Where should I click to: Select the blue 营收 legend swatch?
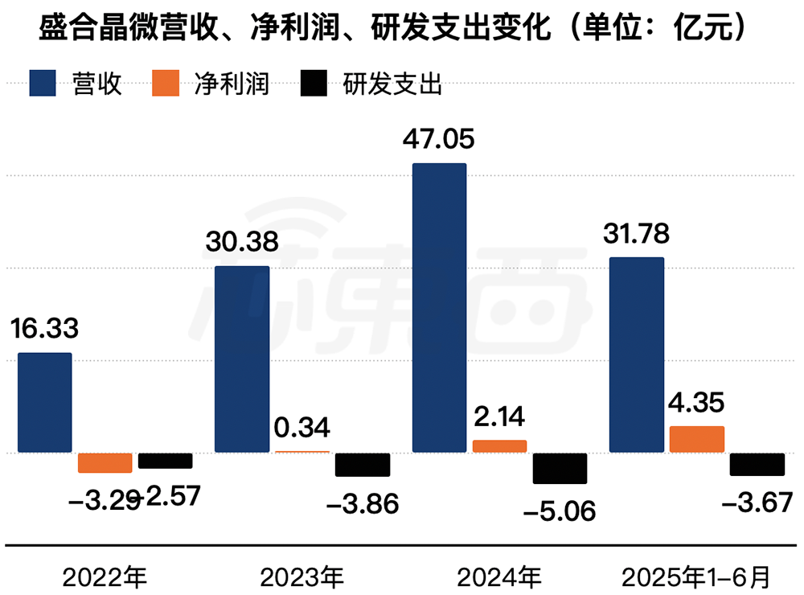(x=47, y=84)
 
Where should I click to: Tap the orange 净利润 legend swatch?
(x=168, y=84)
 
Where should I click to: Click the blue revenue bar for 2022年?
(x=45, y=403)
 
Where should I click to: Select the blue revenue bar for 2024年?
(x=439, y=308)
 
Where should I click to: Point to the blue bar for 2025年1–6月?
(x=637, y=355)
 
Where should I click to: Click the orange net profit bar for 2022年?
(x=105, y=463)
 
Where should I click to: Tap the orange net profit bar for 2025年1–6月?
(x=697, y=439)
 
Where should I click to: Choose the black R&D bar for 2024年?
(x=560, y=468)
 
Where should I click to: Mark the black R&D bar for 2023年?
(x=363, y=465)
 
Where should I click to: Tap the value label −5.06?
(x=560, y=511)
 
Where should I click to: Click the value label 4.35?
(x=697, y=402)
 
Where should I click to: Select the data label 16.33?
(x=45, y=329)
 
